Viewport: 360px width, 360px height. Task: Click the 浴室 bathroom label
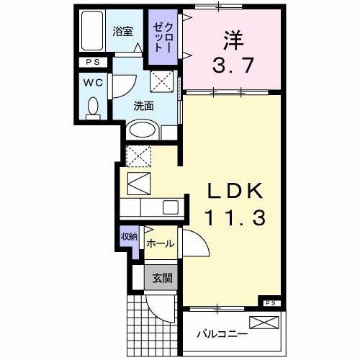(x=123, y=31)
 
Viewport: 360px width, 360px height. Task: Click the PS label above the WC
(x=94, y=63)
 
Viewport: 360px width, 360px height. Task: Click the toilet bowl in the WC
(x=93, y=108)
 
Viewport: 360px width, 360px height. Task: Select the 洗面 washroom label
(x=143, y=105)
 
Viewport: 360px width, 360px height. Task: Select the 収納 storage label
(x=128, y=237)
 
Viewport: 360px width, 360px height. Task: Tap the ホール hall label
(x=160, y=244)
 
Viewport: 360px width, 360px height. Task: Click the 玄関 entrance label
(x=160, y=279)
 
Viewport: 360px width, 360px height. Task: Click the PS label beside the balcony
(x=271, y=303)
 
